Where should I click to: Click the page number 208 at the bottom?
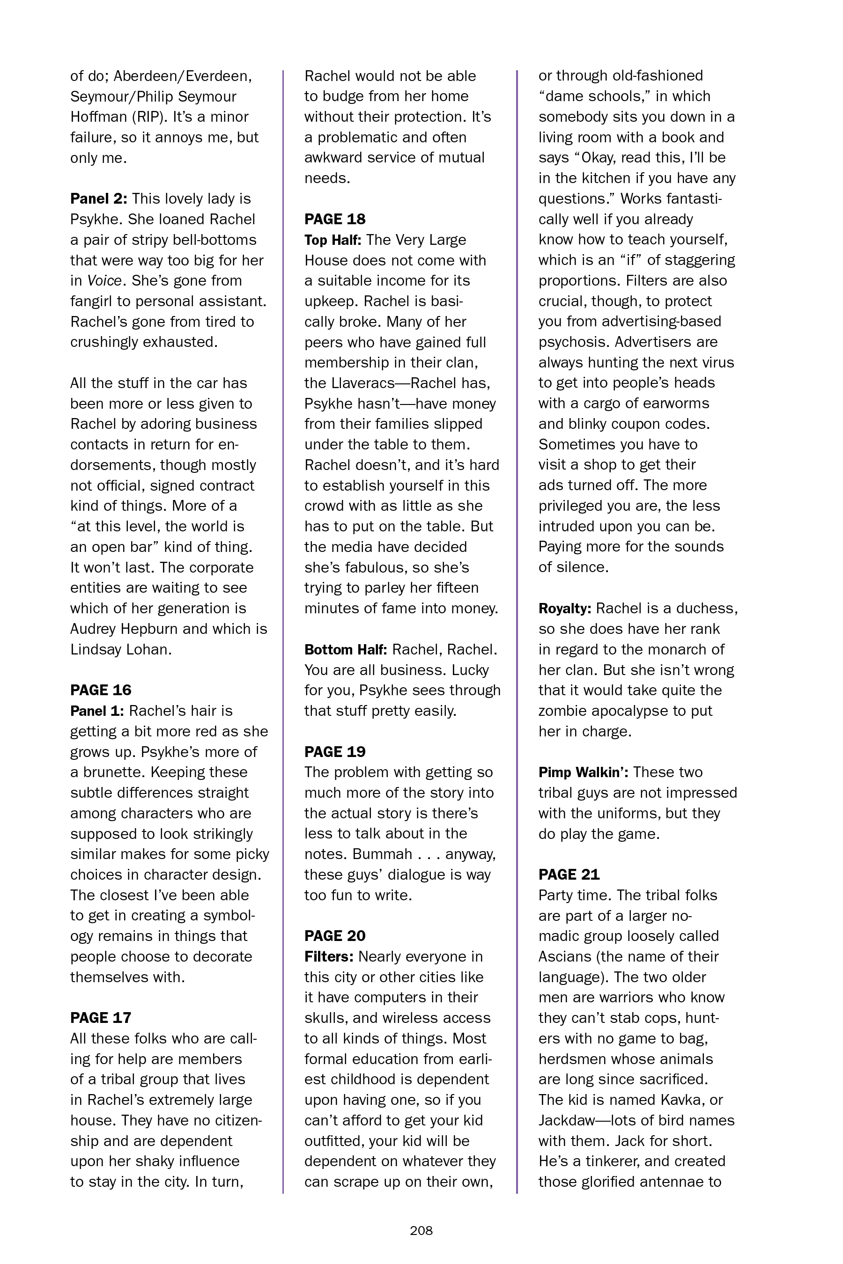[421, 1230]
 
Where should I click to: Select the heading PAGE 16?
[101, 690]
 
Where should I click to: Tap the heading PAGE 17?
[101, 1017]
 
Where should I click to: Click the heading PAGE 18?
[334, 219]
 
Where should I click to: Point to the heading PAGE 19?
[334, 751]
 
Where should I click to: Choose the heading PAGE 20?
[334, 936]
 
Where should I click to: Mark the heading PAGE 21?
[569, 875]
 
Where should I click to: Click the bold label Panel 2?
[98, 199]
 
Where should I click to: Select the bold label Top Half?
[332, 240]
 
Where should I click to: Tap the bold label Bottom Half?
[345, 649]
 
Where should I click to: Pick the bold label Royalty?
[564, 608]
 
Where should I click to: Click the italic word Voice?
[104, 280]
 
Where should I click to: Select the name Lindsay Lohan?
[120, 649]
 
